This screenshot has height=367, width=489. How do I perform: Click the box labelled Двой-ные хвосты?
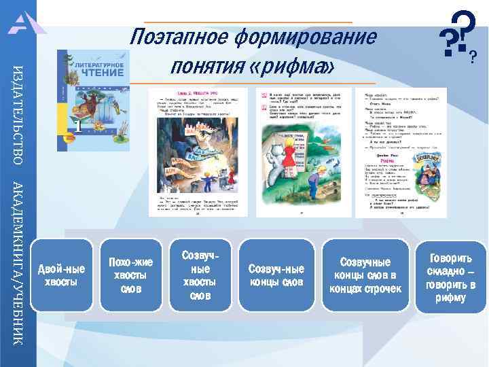click(62, 275)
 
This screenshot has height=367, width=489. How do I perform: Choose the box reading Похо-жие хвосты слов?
click(130, 275)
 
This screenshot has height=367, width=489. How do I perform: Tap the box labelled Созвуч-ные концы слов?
click(276, 275)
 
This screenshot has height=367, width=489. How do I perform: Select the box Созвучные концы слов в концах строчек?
click(365, 275)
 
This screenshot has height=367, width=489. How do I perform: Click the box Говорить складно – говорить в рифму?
click(450, 275)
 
